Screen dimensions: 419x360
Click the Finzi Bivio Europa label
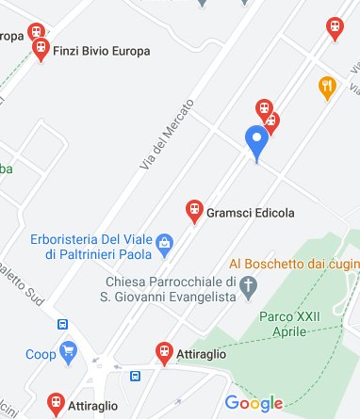[102, 51]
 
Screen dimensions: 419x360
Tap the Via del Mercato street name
[167, 134]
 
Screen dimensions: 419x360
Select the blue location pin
[256, 143]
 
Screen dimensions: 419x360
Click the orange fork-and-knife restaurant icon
[327, 88]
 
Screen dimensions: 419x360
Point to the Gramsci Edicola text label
[251, 214]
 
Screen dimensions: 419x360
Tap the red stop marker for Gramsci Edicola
[194, 211]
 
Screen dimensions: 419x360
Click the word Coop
[40, 354]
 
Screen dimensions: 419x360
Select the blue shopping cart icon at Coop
[68, 353]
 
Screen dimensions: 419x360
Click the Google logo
[254, 404]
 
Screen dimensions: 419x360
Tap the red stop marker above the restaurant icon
[333, 28]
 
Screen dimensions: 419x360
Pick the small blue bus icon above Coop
[62, 324]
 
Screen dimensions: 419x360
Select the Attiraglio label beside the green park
[202, 355]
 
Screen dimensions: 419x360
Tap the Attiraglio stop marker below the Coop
[56, 404]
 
